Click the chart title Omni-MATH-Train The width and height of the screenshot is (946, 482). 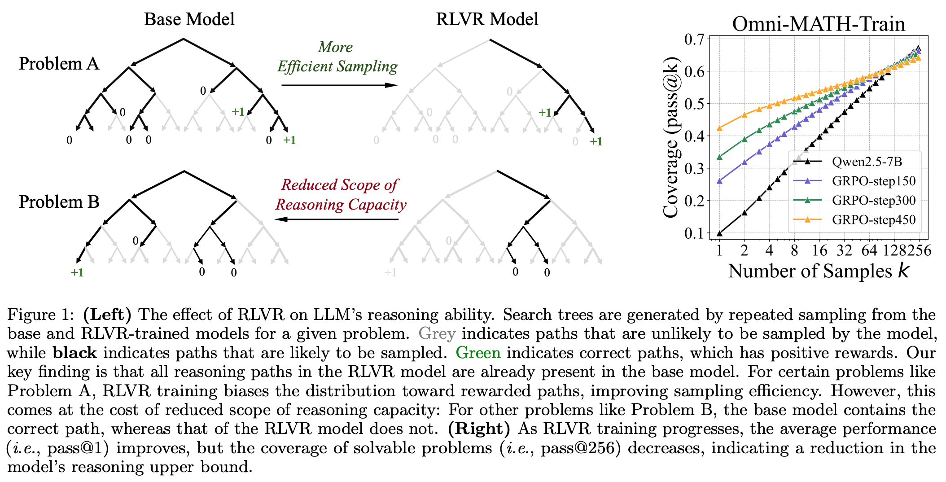(x=819, y=24)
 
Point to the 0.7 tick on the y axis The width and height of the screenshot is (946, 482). (x=694, y=39)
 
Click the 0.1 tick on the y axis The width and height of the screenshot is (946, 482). (x=694, y=233)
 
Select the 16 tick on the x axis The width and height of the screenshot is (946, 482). (x=819, y=250)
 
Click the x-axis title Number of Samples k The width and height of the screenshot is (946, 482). (x=819, y=271)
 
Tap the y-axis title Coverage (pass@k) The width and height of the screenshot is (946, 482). (x=671, y=137)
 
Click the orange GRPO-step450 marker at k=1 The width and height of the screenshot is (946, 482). (x=719, y=128)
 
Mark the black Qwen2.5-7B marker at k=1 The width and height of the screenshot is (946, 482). (x=719, y=233)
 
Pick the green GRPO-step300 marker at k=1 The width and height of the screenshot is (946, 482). (x=719, y=157)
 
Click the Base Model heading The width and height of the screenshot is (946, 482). (x=189, y=19)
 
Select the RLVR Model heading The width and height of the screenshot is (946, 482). (x=487, y=19)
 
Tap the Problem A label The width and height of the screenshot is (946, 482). (x=59, y=64)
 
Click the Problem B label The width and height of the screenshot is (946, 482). (x=59, y=202)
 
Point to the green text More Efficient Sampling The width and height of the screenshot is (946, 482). (x=337, y=57)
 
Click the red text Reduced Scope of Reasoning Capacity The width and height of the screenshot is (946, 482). (x=341, y=194)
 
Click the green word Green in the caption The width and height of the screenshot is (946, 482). (x=478, y=353)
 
